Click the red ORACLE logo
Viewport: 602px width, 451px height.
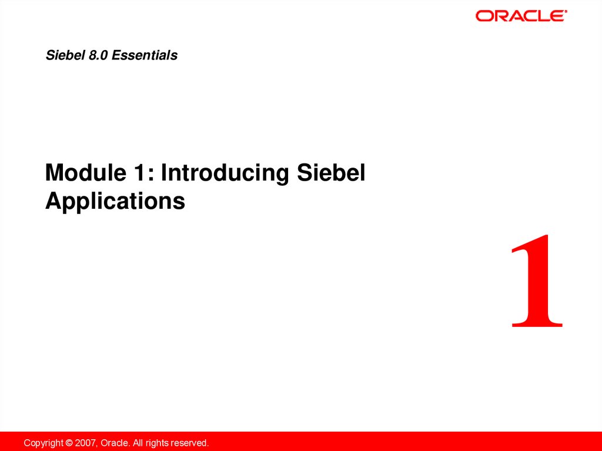click(521, 16)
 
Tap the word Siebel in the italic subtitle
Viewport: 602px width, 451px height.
click(65, 55)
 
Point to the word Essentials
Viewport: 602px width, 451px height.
click(145, 55)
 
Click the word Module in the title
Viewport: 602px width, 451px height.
click(86, 172)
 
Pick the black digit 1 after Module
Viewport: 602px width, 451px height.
click(140, 173)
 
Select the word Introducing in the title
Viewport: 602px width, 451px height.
click(225, 173)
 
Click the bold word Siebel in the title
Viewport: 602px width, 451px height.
click(331, 172)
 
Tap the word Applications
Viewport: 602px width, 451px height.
click(115, 201)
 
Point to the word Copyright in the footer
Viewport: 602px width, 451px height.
click(44, 443)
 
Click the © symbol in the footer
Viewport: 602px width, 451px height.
click(69, 443)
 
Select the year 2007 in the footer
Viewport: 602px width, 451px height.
click(85, 443)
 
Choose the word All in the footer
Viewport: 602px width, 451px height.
click(138, 443)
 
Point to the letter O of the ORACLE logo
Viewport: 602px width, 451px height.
click(483, 16)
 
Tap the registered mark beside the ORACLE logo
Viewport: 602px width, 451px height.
click(566, 12)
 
